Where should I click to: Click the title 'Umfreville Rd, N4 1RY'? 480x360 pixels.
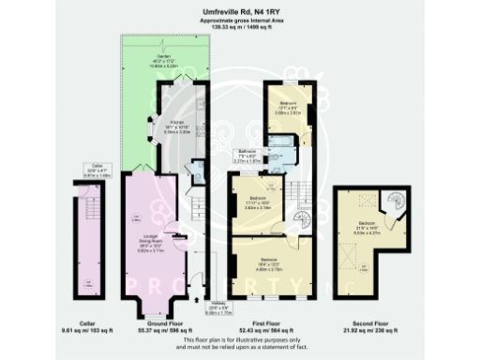(x=240, y=12)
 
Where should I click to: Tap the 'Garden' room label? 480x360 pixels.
(x=164, y=56)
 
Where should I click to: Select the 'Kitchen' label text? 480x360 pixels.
(x=175, y=122)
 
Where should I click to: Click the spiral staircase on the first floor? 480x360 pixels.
(x=297, y=221)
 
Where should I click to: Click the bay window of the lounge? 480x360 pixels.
(x=150, y=302)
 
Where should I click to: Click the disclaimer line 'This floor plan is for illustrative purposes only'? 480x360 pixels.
(x=240, y=338)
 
